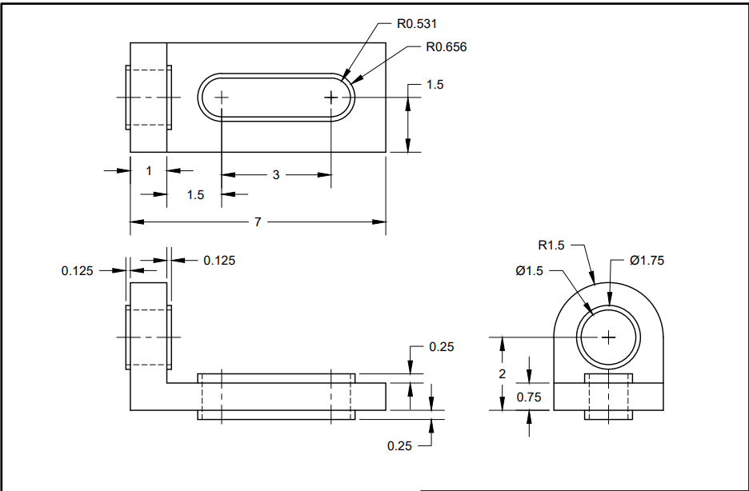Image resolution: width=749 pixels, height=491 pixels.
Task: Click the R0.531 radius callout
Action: [x=417, y=24]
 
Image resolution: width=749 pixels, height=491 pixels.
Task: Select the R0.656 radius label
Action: [x=447, y=46]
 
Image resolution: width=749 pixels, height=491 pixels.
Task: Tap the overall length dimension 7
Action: [x=258, y=222]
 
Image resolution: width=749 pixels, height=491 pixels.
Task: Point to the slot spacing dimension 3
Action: [x=276, y=175]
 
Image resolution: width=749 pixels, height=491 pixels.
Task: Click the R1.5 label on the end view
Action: [x=551, y=245]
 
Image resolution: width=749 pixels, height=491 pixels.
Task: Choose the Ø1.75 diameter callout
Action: [x=647, y=260]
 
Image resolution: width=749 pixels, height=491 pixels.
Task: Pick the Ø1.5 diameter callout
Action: [x=529, y=270]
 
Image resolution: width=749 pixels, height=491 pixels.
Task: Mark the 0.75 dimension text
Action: [x=529, y=397]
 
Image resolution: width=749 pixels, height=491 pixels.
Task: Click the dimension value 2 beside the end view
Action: [x=502, y=373]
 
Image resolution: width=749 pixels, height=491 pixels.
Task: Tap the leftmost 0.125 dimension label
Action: [x=77, y=270]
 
